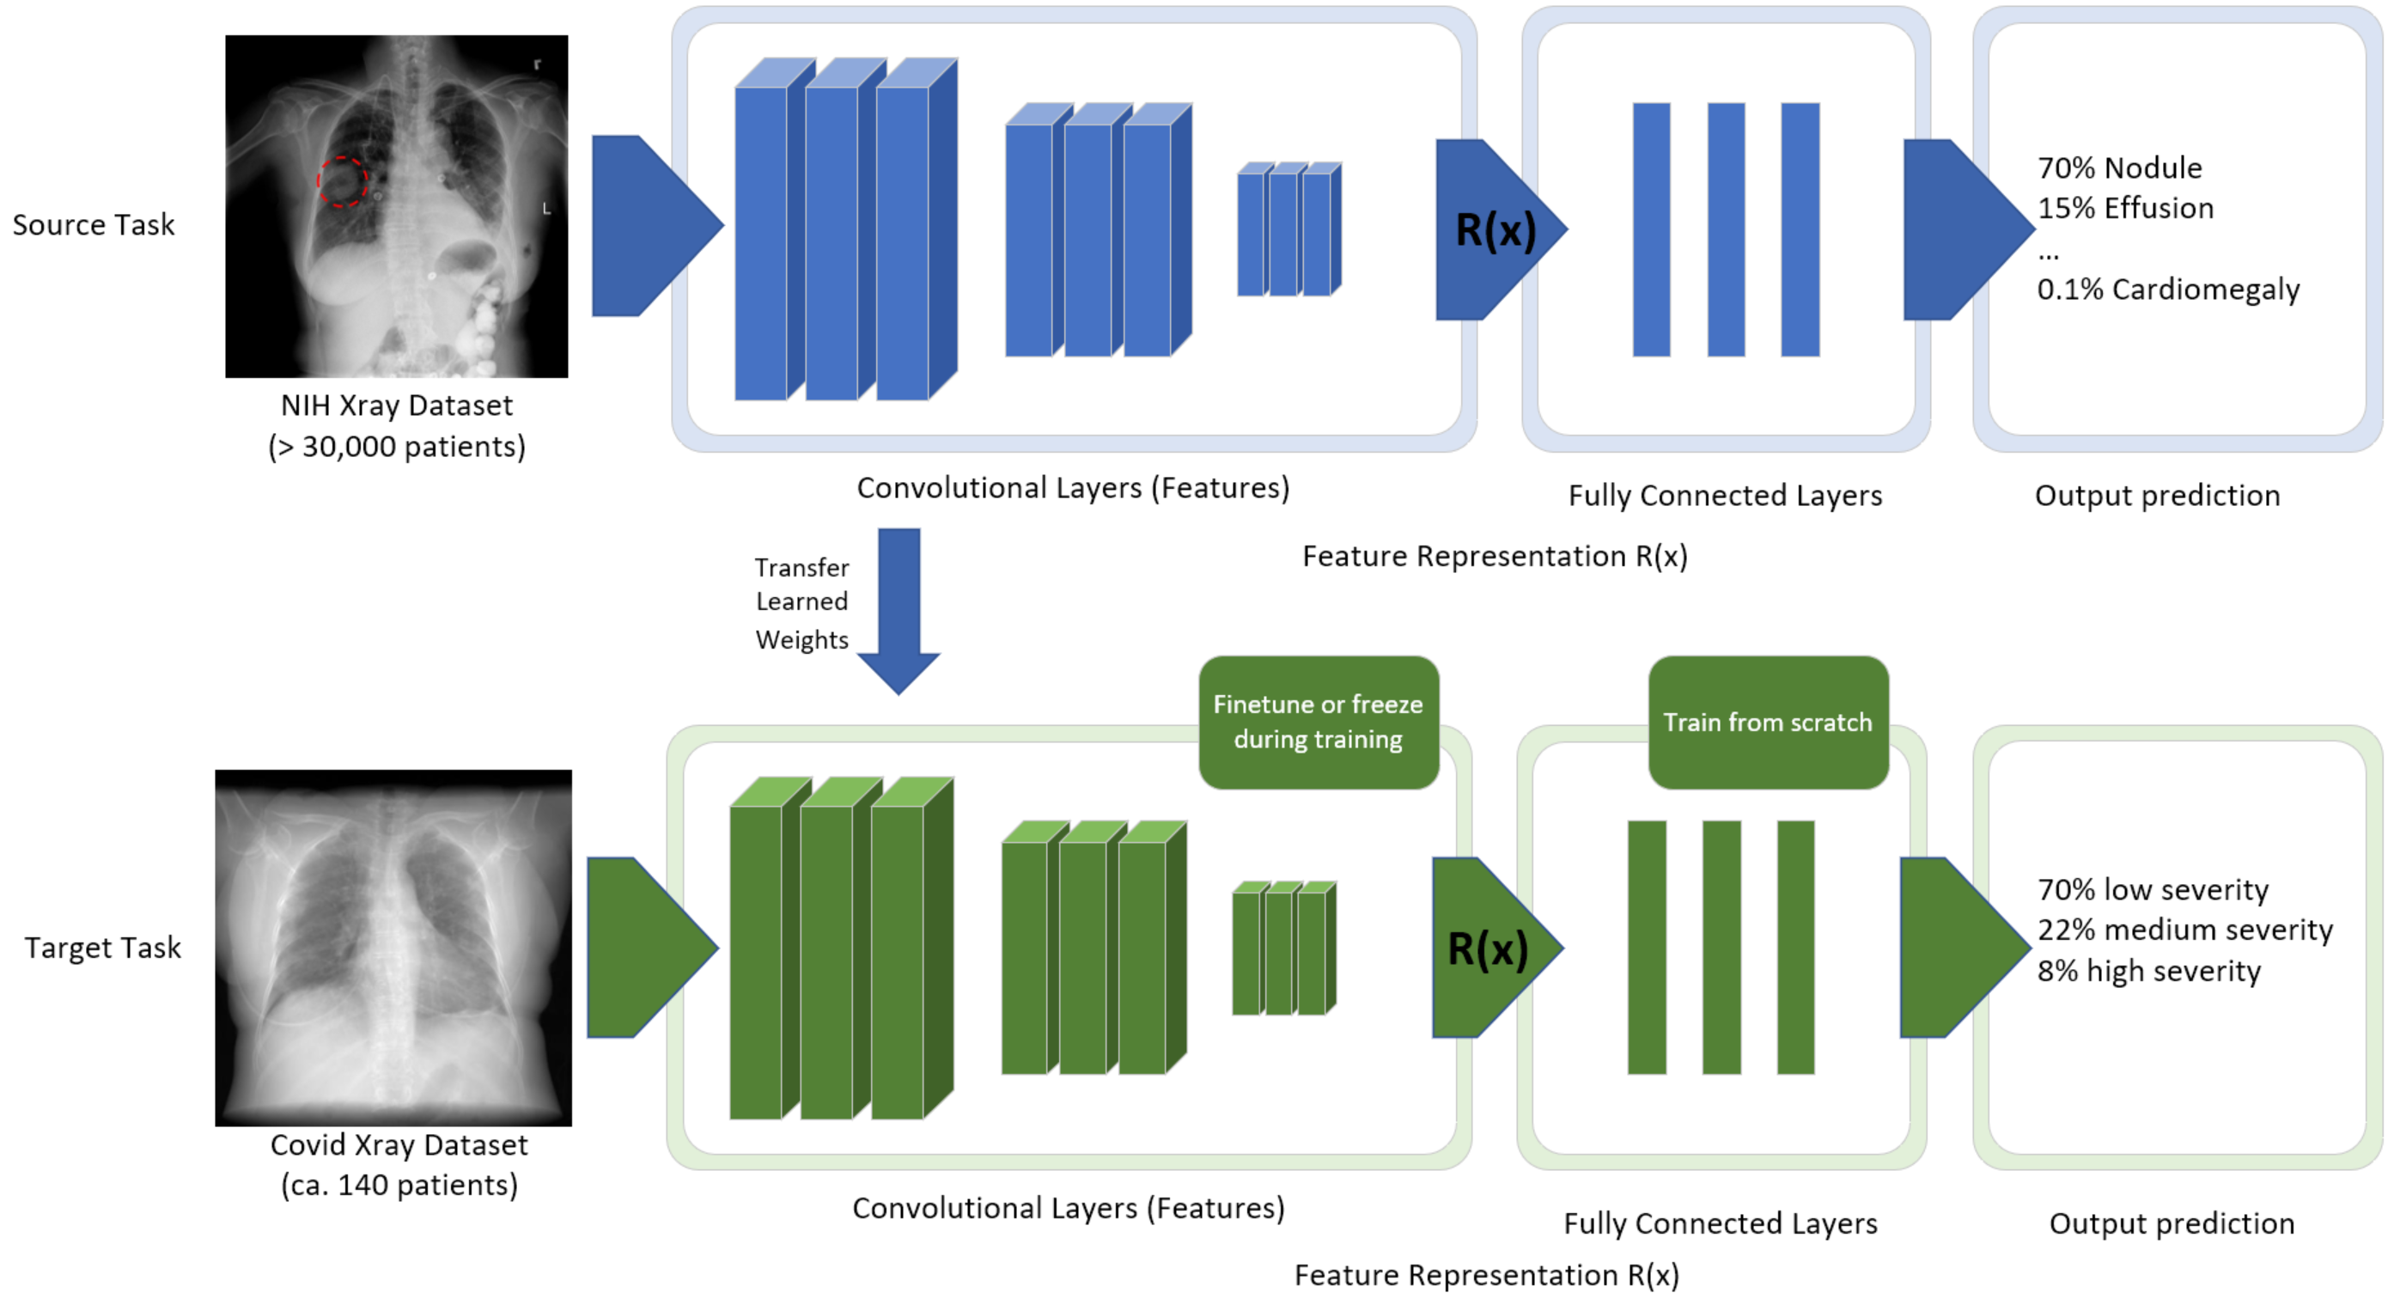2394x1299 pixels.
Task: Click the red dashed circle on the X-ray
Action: (342, 181)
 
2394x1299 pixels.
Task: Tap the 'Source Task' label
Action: (93, 225)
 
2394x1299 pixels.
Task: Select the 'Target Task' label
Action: (102, 948)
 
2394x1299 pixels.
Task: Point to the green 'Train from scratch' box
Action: (1768, 722)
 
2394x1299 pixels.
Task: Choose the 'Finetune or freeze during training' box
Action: (1318, 722)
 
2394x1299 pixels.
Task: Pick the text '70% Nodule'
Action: (2119, 168)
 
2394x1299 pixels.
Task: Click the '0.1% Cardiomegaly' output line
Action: (2167, 290)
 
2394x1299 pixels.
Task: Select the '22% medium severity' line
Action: (2184, 930)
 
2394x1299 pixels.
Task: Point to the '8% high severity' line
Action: (2148, 971)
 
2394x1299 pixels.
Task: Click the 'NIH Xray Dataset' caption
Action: (397, 406)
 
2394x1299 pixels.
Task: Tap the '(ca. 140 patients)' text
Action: (399, 1186)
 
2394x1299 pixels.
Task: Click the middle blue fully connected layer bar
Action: (1726, 229)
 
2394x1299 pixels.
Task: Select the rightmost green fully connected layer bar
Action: (1795, 947)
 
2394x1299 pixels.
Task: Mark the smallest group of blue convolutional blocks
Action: (1289, 229)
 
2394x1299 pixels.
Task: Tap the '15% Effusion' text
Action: (2124, 208)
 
